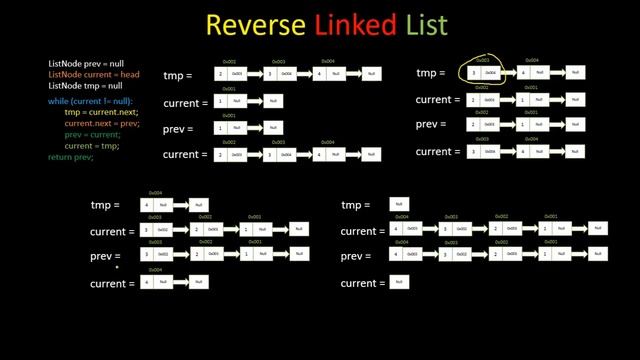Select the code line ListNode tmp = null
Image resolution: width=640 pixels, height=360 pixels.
click(x=85, y=86)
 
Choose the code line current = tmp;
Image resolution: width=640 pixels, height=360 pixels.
click(x=92, y=146)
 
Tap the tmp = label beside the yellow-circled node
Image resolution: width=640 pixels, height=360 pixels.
click(x=430, y=73)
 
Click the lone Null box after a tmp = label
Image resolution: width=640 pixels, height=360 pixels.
click(x=398, y=205)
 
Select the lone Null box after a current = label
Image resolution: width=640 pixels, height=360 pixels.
click(x=398, y=283)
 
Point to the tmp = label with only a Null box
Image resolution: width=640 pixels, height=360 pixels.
click(x=356, y=205)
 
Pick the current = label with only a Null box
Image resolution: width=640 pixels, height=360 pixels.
click(x=361, y=284)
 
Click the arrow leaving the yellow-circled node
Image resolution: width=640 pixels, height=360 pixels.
click(x=509, y=73)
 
